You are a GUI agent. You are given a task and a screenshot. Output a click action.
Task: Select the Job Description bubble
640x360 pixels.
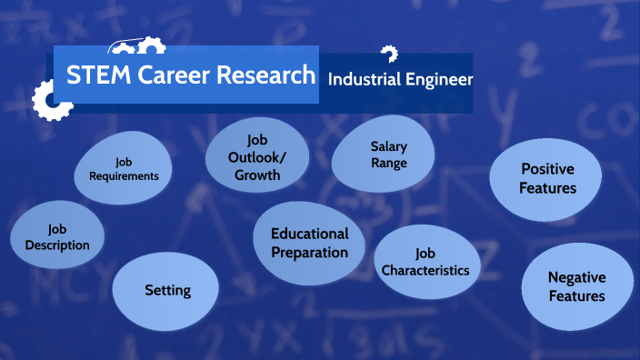coord(56,236)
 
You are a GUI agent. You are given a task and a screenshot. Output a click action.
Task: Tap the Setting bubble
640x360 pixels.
coord(166,291)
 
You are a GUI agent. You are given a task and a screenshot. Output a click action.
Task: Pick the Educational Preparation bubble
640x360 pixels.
coord(309,243)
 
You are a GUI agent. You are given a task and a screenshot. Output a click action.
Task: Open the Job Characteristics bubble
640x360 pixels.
coord(425,262)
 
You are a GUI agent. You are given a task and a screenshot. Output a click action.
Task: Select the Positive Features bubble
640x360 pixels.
coord(547,178)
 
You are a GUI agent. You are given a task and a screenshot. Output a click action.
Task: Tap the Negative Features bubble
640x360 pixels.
coord(576,286)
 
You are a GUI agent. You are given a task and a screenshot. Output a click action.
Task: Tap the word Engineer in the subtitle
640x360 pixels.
coord(440,80)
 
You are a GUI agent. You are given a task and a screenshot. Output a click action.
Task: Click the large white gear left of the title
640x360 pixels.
coord(51,100)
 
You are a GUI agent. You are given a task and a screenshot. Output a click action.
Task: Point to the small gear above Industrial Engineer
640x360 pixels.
coord(389,54)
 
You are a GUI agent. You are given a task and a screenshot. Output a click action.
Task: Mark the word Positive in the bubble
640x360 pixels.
coord(547,169)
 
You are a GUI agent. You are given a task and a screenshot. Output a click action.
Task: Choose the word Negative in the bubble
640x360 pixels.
coord(576,277)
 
